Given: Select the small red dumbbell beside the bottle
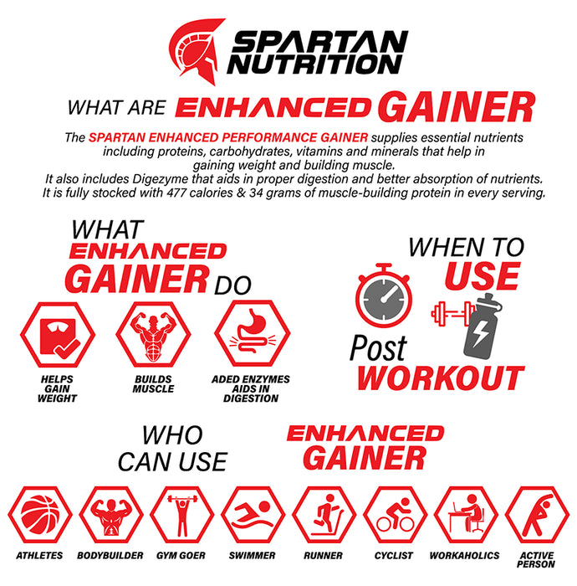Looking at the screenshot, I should (447, 314).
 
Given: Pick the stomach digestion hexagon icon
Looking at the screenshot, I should (252, 335).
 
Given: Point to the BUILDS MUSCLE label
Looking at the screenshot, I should (153, 384).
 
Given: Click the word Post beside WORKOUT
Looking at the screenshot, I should (378, 347).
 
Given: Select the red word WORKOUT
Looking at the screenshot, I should (441, 378).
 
